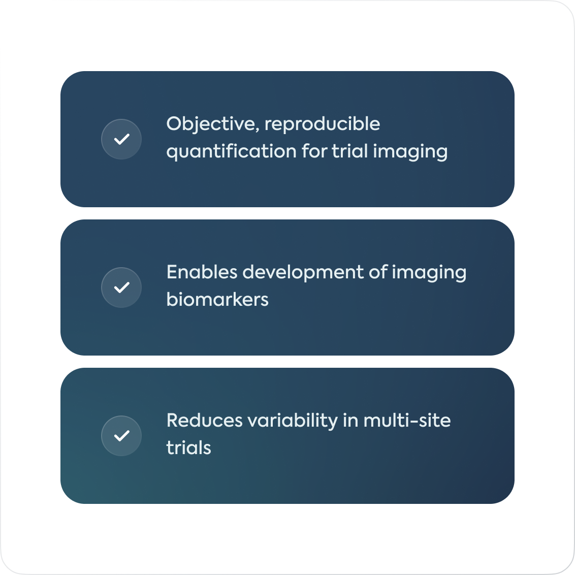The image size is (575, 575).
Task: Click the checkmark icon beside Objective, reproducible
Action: point(121,139)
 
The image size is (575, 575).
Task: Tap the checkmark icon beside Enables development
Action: point(121,287)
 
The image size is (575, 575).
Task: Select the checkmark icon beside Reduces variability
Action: point(121,436)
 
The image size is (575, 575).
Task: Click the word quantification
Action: point(231,152)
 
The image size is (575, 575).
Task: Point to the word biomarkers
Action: point(217,300)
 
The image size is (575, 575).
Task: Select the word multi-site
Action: point(407,421)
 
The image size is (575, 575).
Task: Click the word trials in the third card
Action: point(188,448)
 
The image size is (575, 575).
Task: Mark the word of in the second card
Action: point(378,272)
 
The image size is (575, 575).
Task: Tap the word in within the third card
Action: point(350,421)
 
